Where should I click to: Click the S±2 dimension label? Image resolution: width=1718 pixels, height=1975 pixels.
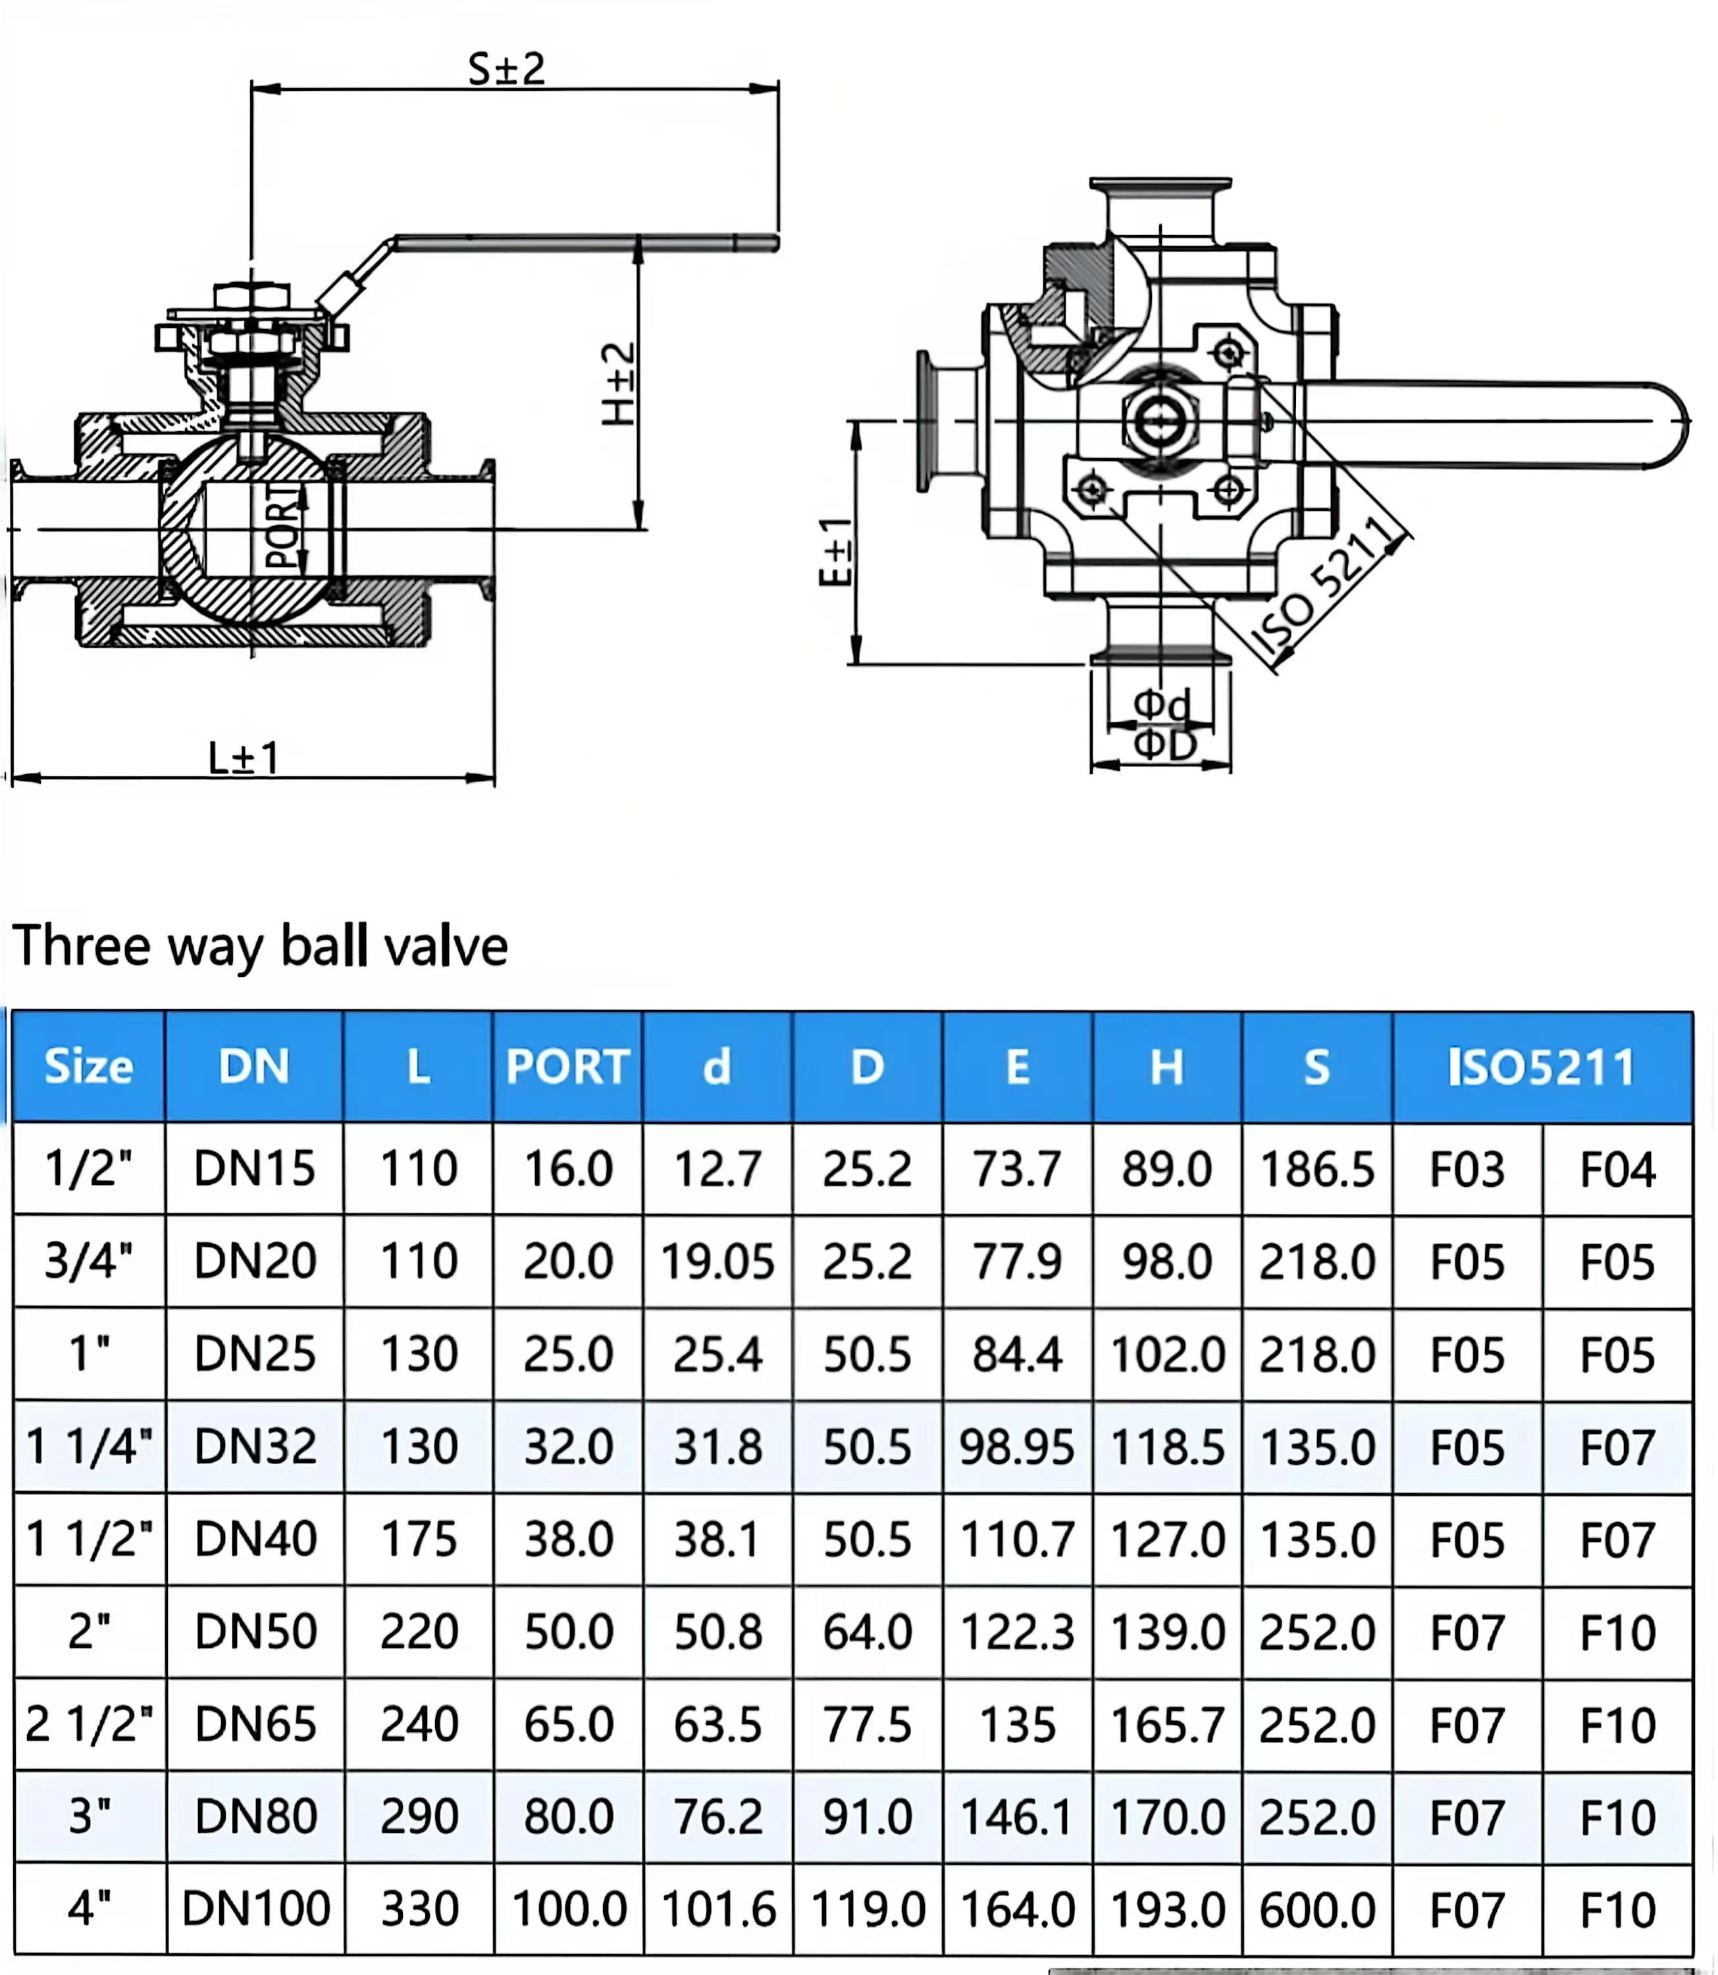[x=506, y=69]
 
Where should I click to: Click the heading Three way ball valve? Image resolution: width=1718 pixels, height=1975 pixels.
[x=260, y=946]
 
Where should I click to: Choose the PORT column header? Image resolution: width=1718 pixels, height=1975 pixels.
[x=567, y=1066]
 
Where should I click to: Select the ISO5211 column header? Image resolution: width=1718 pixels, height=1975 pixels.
[x=1542, y=1066]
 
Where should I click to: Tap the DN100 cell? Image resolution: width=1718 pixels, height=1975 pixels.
[x=256, y=1908]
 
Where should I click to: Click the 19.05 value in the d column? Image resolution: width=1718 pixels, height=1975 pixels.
[x=717, y=1261]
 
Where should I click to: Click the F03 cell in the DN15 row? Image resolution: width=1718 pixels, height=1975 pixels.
[x=1467, y=1169]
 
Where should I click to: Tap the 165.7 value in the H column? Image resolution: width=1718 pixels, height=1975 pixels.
[x=1167, y=1724]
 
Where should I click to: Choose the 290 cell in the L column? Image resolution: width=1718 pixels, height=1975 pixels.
[x=419, y=1816]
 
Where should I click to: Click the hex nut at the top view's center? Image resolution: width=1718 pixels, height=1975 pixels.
[x=1160, y=419]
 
